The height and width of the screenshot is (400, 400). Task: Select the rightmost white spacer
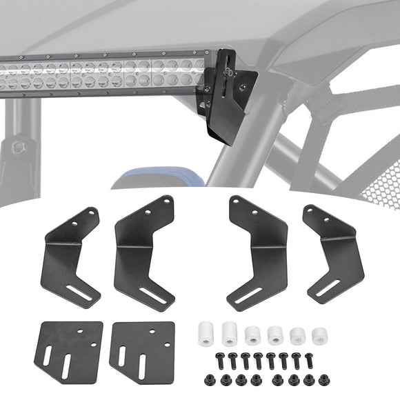click(x=319, y=336)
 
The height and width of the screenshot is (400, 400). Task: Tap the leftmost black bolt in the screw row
click(x=219, y=359)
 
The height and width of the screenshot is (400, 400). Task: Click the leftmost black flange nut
click(x=209, y=379)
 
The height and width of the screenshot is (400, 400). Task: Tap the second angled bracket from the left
click(x=142, y=252)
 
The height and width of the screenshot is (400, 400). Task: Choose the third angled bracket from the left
click(x=259, y=252)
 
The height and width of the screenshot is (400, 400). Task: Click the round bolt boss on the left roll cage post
click(x=19, y=146)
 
